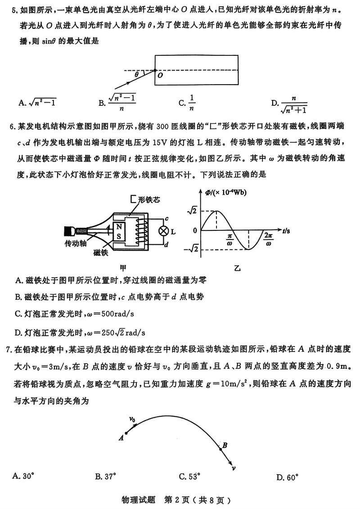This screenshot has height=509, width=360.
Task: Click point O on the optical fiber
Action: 155,71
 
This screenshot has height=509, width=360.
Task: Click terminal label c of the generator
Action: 166,218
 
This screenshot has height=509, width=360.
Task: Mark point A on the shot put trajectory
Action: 126,433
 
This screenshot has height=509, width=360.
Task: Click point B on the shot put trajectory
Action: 220,447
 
